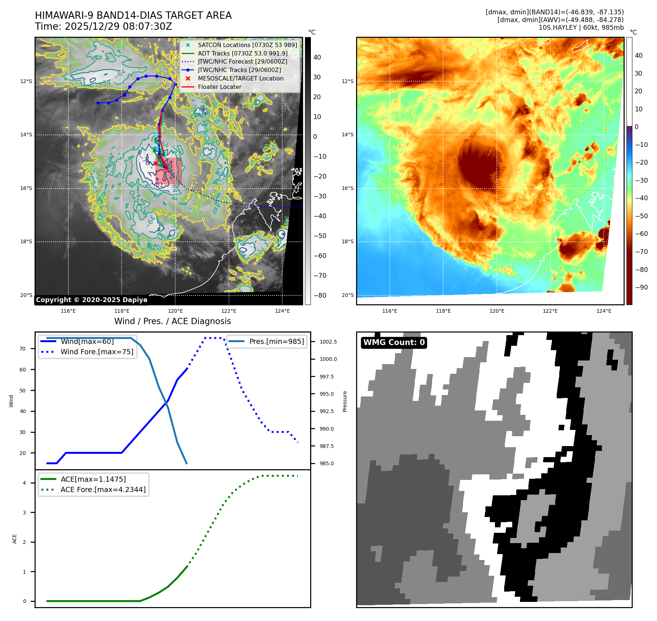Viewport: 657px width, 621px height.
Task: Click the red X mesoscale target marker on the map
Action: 155,163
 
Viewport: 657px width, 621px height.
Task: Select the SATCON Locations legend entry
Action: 247,45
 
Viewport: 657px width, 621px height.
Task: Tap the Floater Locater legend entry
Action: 219,87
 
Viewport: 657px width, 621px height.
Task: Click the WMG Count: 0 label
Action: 394,342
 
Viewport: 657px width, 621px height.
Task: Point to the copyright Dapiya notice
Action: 91,300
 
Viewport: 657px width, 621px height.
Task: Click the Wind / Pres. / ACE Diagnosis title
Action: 172,321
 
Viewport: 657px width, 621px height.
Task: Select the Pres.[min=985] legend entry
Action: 276,341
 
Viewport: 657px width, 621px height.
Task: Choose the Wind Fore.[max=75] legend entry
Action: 97,352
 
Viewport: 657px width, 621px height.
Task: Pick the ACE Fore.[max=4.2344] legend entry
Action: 103,489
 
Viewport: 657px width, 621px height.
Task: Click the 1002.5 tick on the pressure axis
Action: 328,342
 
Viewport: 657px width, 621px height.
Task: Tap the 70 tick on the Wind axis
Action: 23,349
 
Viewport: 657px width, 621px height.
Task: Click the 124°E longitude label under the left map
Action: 282,311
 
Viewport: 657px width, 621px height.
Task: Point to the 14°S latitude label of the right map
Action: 348,134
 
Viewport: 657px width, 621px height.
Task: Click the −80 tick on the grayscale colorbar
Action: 320,295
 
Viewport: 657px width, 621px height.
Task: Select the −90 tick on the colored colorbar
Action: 641,287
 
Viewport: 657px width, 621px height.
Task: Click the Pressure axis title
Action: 345,401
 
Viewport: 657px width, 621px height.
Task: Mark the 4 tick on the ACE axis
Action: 25,483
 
